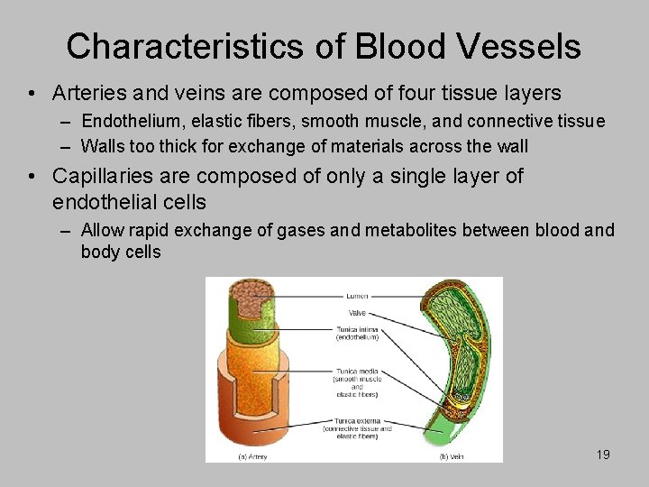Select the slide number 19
pos(603,455)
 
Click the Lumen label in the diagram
pos(356,296)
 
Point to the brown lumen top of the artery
pos(250,290)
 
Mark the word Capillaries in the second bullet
pos(108,176)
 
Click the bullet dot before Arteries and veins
pos(32,94)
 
